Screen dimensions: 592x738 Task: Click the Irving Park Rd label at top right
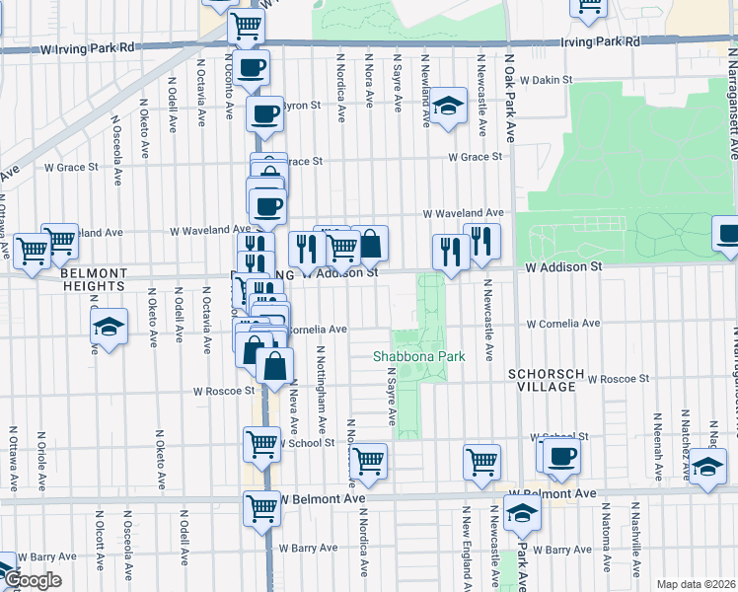pos(600,42)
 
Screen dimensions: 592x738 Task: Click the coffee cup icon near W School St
pos(562,456)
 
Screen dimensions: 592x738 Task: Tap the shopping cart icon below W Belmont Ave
pos(262,508)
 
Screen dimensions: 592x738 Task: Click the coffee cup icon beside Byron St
pos(264,114)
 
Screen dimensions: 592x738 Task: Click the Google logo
pos(32,580)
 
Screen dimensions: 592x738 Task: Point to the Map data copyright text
pos(695,584)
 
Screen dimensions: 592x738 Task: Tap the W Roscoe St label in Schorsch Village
pos(619,378)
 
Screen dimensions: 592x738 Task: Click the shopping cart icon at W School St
pos(261,444)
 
